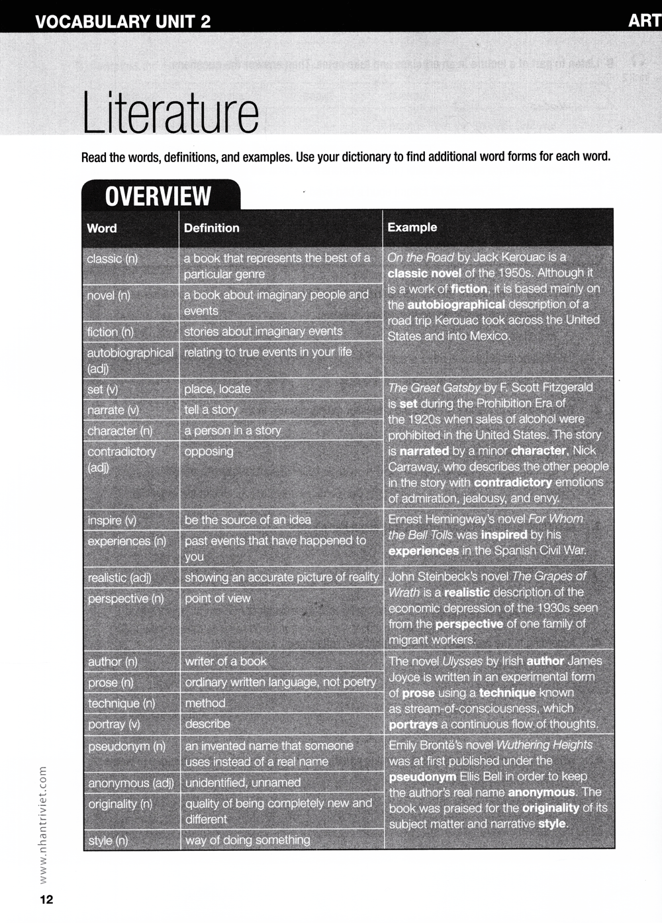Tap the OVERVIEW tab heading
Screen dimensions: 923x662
click(158, 197)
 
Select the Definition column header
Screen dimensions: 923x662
click(212, 228)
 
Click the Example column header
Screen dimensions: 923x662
click(412, 227)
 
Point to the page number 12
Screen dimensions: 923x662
click(46, 899)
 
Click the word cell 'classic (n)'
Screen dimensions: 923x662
click(113, 259)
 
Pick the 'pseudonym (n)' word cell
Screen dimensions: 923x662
click(127, 746)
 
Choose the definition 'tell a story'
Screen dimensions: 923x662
click(211, 410)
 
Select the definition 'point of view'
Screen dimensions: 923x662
click(218, 598)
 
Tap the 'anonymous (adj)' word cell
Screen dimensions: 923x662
click(131, 783)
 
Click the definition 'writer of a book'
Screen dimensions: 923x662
click(226, 661)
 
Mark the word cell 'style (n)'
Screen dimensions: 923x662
click(109, 840)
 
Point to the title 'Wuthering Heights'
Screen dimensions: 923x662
click(544, 745)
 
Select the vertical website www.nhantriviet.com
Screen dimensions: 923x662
click(44, 824)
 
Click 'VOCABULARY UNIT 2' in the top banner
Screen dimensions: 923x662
click(123, 21)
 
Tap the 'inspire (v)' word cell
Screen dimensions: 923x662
click(112, 521)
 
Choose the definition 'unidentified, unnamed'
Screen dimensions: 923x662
click(243, 783)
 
